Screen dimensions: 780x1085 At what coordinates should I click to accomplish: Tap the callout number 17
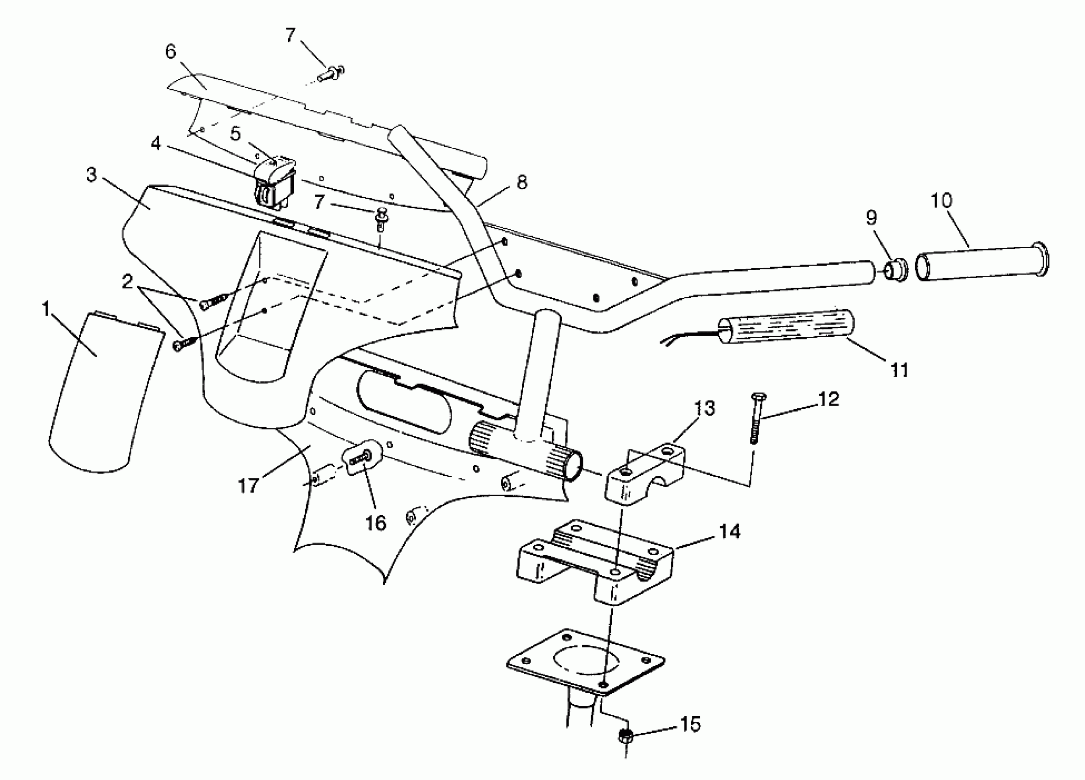click(x=248, y=486)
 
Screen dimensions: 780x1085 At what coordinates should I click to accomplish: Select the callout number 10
click(x=941, y=201)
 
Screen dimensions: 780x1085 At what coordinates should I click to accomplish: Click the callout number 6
click(x=171, y=51)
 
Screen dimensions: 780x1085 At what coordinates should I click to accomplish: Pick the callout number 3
click(x=91, y=175)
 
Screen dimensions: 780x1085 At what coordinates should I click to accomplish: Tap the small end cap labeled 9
click(x=895, y=270)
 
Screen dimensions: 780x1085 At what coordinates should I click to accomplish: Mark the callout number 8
click(x=522, y=182)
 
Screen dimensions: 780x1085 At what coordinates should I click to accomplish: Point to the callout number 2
click(x=127, y=282)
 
